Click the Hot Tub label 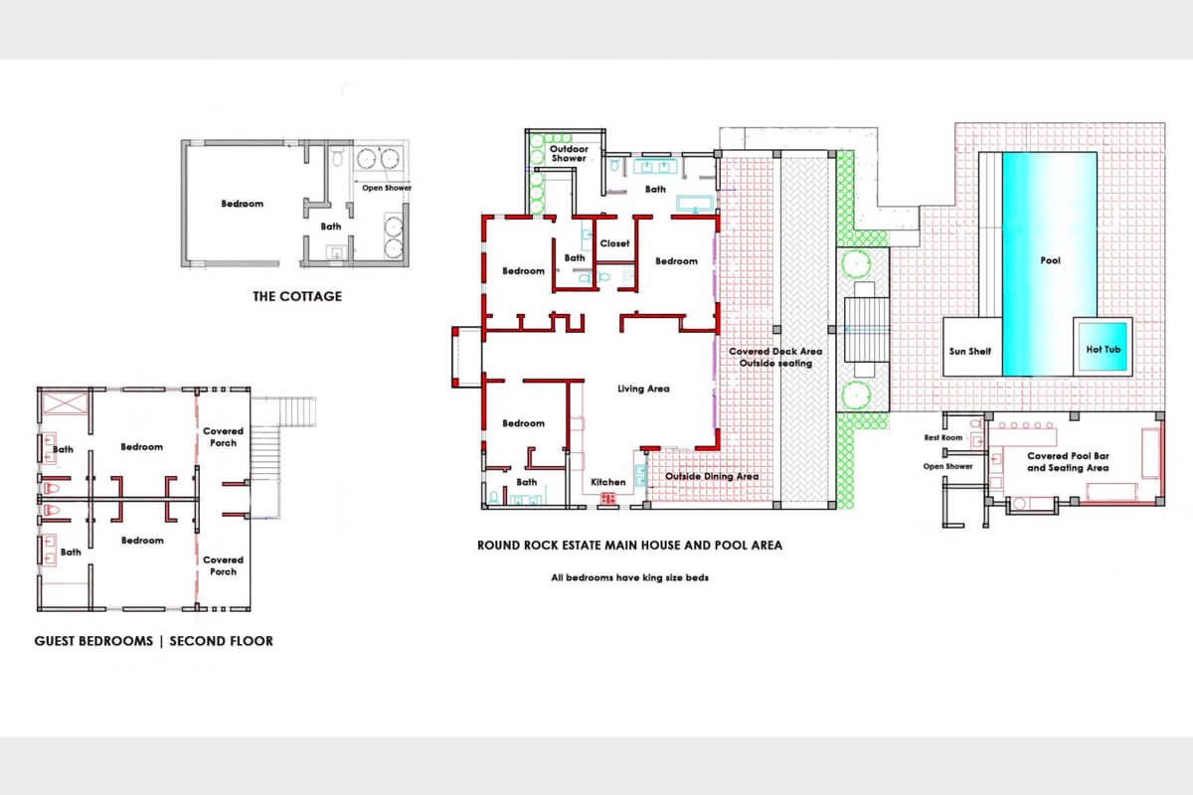(1103, 350)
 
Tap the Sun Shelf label (970, 352)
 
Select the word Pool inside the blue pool (1050, 260)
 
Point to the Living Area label (643, 389)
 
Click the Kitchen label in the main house (608, 482)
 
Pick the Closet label (614, 243)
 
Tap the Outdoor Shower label (569, 153)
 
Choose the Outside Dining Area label (712, 476)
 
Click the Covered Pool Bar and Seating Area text (1068, 462)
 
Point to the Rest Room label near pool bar (943, 437)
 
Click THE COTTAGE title (297, 296)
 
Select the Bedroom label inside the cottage (243, 204)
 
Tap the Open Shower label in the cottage (387, 188)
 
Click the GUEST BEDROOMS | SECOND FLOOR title (153, 641)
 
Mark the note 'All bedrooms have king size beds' (629, 577)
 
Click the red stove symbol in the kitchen (608, 499)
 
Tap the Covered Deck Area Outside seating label (775, 358)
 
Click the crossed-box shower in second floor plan (65, 402)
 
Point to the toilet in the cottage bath (337, 158)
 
